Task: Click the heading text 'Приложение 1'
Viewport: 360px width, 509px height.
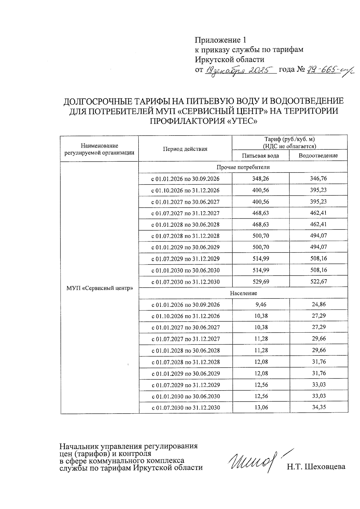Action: click(x=220, y=40)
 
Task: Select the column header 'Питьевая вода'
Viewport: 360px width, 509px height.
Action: click(x=260, y=156)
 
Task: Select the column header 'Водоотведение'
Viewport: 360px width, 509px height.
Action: click(x=318, y=156)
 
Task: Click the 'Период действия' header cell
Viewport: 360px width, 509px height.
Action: click(x=185, y=149)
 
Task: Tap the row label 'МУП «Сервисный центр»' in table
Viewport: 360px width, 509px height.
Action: click(x=99, y=288)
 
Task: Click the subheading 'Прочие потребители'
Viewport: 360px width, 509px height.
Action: click(x=243, y=167)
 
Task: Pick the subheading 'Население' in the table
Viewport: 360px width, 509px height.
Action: click(x=243, y=293)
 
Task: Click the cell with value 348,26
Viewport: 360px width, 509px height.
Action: click(x=260, y=179)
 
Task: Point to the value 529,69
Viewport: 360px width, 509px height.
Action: click(x=260, y=282)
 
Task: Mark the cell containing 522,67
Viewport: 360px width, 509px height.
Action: click(x=318, y=282)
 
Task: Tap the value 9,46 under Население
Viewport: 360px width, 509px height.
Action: click(x=261, y=305)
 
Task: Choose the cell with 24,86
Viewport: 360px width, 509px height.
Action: click(x=319, y=304)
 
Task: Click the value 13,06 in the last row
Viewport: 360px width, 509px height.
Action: click(x=261, y=407)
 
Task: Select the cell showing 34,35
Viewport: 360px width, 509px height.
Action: click(x=319, y=407)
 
